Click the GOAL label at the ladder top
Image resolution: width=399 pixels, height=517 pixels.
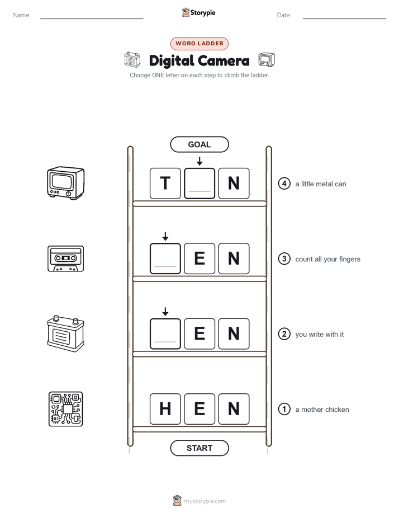[x=199, y=144]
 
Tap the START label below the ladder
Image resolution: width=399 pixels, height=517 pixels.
[x=199, y=448]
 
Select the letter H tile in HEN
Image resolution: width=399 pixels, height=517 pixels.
[x=165, y=409]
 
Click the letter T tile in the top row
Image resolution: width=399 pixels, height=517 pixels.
[x=165, y=184]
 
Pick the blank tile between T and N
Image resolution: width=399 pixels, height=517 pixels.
[x=199, y=184]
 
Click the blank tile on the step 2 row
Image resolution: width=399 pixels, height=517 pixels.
[x=165, y=333]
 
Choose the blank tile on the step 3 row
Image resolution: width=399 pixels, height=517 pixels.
[x=165, y=258]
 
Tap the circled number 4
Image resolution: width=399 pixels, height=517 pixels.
[x=284, y=184]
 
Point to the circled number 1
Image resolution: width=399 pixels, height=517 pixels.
[x=284, y=409]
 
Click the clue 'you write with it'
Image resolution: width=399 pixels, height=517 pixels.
[x=319, y=335]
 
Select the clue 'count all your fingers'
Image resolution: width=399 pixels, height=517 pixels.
[x=327, y=259]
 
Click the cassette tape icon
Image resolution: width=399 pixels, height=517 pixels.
[x=66, y=258]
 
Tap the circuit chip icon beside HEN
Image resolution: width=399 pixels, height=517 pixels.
[x=66, y=409]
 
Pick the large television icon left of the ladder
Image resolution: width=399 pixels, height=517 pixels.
[x=66, y=183]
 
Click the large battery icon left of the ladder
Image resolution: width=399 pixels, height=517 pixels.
[x=66, y=333]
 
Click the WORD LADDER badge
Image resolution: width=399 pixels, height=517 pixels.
[x=199, y=44]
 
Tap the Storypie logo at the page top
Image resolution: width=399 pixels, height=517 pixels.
[x=198, y=12]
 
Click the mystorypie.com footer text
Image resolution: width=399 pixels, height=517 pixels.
[x=205, y=501]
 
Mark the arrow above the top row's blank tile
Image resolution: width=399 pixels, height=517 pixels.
[x=199, y=161]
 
